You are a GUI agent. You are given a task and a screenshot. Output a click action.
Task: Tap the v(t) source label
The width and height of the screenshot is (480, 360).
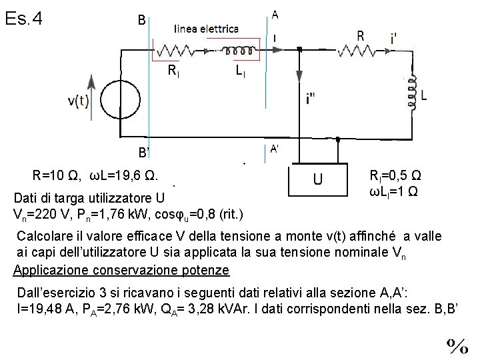(81, 101)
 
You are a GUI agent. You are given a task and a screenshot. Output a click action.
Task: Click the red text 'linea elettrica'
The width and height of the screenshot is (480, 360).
(206, 29)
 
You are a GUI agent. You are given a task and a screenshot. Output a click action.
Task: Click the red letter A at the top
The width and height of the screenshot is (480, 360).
(275, 14)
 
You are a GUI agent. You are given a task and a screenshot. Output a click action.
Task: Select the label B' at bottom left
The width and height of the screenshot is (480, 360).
(139, 153)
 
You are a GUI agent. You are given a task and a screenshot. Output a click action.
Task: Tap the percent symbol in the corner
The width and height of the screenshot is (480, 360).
(457, 345)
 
